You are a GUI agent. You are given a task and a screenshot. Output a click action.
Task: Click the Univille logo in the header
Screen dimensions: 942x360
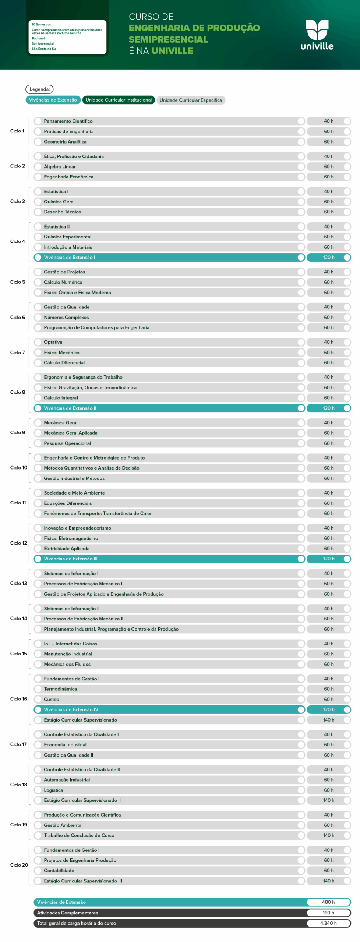pos(317,35)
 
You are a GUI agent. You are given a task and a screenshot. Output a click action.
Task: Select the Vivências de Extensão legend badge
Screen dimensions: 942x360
pos(53,100)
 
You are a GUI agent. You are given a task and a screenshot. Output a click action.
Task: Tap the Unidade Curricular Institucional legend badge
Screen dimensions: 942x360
pos(119,100)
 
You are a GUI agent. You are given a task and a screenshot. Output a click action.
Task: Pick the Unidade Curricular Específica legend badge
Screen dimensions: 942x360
pos(191,100)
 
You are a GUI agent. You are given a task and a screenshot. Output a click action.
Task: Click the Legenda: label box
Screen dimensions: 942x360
pos(39,89)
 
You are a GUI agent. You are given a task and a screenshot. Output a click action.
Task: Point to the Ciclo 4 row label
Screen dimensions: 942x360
pos(18,241)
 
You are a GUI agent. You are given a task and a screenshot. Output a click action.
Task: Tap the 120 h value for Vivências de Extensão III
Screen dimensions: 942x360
pos(329,559)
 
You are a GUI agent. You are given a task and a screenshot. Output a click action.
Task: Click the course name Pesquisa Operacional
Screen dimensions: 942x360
pos(67,443)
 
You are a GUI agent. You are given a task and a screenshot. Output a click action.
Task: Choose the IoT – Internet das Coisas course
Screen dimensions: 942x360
pos(70,644)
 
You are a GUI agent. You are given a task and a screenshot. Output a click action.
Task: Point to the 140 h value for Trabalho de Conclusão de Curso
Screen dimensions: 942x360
pos(329,835)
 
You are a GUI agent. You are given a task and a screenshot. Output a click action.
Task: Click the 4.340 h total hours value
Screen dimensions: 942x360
pos(328,923)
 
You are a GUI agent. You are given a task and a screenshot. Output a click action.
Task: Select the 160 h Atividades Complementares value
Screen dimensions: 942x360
pos(328,913)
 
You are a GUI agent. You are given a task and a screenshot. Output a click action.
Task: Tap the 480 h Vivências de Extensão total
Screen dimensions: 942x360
pos(328,902)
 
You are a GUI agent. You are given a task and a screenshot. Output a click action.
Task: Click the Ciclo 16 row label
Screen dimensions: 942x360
pos(18,699)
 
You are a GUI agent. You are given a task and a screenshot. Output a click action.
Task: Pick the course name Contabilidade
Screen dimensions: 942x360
pos(59,871)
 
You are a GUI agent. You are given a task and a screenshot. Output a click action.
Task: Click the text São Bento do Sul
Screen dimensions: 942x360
pos(44,49)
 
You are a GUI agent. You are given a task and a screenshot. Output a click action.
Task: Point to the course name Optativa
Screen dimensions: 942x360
pos(53,342)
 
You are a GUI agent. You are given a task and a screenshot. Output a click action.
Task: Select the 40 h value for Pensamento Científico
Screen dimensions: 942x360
pos(329,121)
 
